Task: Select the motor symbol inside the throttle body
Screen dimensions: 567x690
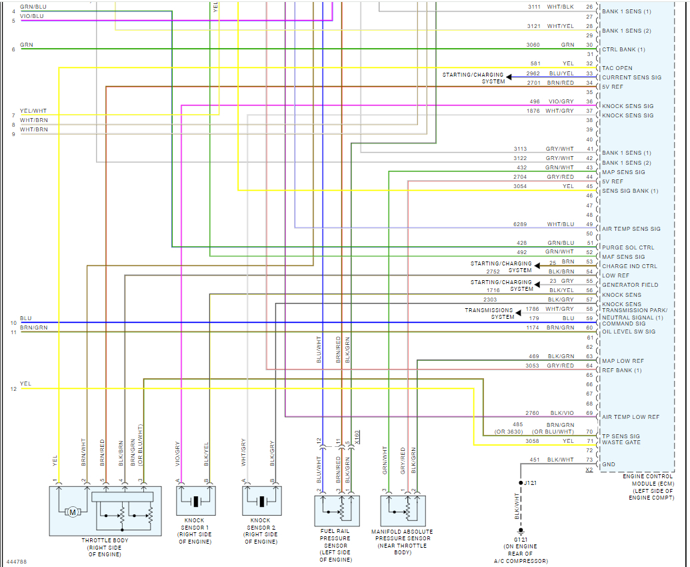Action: pos(73,512)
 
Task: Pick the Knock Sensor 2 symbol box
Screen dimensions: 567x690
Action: pos(261,500)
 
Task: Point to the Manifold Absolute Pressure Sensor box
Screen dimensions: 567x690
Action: pos(403,511)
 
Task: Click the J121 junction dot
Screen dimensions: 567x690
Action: pos(521,482)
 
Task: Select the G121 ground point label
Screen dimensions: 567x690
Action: pos(521,539)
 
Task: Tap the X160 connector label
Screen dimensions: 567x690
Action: pos(357,437)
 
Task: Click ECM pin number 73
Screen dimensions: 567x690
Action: pos(589,460)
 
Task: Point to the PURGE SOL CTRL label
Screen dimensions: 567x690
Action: pos(628,247)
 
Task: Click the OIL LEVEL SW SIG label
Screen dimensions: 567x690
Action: pos(629,332)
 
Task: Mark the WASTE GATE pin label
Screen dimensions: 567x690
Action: pos(621,442)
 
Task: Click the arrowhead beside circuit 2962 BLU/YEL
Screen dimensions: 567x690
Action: pos(509,77)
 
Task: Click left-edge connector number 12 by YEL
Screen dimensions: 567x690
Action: pos(13,389)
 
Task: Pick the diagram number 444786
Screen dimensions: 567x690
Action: pos(17,562)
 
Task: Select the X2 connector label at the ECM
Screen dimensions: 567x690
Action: pos(589,470)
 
